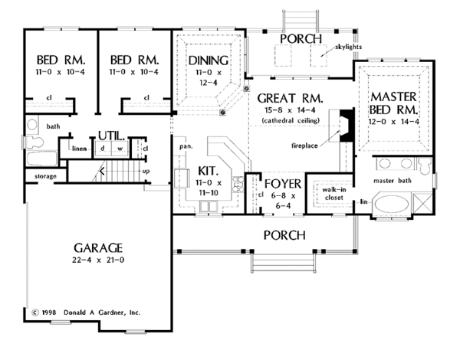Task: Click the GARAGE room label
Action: pos(99,248)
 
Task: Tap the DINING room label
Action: pos(207,59)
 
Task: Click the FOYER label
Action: pos(281,184)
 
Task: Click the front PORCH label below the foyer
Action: pos(284,234)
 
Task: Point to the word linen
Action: pos(78,147)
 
